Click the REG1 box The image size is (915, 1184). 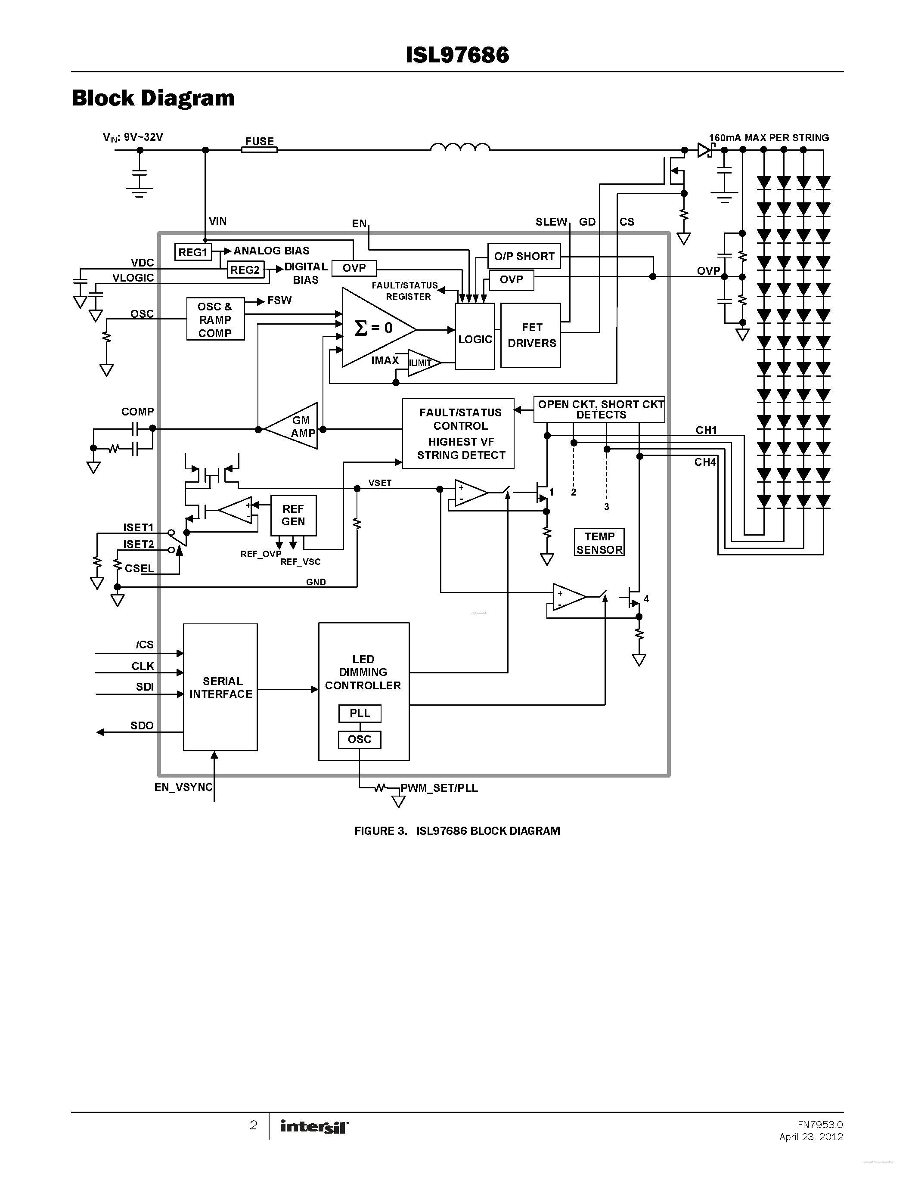pos(193,252)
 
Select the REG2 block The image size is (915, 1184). pos(245,270)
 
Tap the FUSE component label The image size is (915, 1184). pos(259,142)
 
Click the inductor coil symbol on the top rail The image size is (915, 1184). pos(460,147)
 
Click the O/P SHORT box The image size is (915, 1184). pos(524,256)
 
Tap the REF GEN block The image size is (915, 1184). pos(293,515)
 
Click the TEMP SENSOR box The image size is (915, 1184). pos(599,542)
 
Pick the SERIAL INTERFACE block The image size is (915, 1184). pos(220,688)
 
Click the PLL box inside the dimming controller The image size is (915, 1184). pos(360,713)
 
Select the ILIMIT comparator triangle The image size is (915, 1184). pos(421,363)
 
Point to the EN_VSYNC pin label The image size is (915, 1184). pos(183,787)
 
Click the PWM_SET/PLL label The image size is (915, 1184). pos(439,788)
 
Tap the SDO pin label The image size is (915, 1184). pos(142,725)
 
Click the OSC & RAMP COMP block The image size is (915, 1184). pos(215,319)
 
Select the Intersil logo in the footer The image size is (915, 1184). pos(314,1127)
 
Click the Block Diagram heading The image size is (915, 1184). pos(153,98)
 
